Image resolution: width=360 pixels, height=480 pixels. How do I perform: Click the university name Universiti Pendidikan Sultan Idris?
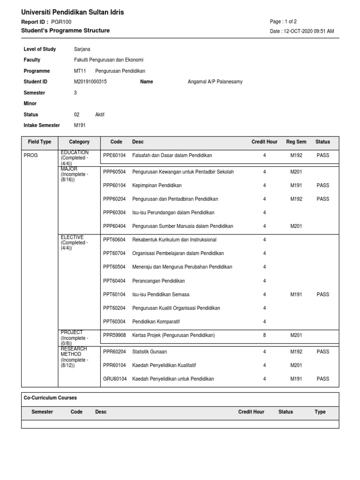point(73,12)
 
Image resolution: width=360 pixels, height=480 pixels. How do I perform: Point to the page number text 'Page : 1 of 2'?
point(283,22)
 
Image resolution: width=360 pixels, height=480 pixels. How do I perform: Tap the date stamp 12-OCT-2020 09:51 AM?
point(302,31)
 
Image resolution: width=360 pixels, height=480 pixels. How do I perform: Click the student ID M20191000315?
point(90,82)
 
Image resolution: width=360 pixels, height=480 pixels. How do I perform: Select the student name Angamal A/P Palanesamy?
point(215,82)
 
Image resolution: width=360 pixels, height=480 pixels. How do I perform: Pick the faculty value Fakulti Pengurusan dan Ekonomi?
point(109,60)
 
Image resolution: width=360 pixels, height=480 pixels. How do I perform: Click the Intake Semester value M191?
point(80,125)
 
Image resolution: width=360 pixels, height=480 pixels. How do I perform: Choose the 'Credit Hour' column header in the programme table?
point(264,142)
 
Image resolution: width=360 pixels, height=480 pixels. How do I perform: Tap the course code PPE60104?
point(114,155)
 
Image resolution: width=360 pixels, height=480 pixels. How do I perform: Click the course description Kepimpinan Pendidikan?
point(157,185)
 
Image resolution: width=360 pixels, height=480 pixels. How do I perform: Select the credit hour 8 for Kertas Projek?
point(264,335)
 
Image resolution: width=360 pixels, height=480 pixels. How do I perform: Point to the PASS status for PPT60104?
point(322,294)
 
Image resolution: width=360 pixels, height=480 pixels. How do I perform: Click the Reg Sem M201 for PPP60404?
point(296,226)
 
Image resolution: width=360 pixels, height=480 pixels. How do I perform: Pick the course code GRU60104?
point(114,379)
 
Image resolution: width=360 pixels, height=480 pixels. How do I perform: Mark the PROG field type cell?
point(30,155)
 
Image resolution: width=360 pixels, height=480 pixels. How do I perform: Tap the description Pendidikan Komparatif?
point(156,322)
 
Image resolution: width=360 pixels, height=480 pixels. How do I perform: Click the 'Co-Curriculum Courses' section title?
point(50,398)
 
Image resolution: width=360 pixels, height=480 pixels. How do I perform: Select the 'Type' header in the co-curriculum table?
point(320,412)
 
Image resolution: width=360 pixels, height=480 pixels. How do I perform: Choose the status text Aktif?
point(100,114)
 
